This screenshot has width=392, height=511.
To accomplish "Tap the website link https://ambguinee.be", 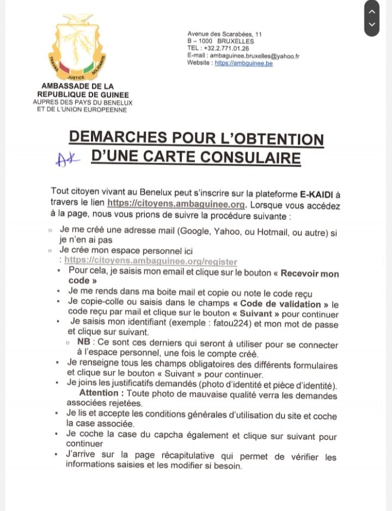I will coord(244,63).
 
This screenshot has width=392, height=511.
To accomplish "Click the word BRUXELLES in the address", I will coord(235,41).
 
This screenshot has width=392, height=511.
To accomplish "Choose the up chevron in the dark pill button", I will coord(372,11).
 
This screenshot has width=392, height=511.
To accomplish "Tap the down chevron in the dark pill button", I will coord(372,25).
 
